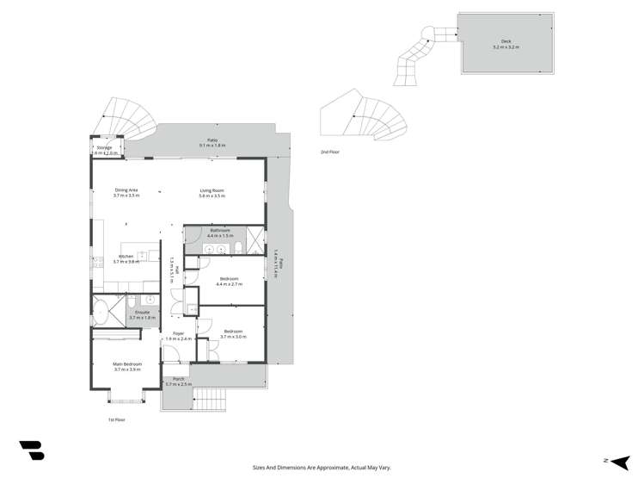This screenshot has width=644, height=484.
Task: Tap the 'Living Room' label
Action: [x=212, y=190]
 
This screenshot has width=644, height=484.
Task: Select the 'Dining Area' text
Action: [x=126, y=190]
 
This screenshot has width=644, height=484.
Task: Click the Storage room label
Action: [x=104, y=147]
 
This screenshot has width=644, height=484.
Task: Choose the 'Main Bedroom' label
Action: [x=126, y=363]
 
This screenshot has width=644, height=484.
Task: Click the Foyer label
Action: [x=178, y=333]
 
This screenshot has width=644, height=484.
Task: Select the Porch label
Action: [x=179, y=379]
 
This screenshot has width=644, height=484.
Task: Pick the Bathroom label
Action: [x=220, y=231]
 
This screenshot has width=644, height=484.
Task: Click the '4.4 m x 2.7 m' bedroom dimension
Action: [x=229, y=283]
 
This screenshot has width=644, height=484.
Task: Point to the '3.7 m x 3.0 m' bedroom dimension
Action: [x=233, y=337]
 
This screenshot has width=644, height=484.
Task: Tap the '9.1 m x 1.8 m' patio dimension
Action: [x=212, y=146]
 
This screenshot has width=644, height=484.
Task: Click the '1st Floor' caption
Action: [x=117, y=419]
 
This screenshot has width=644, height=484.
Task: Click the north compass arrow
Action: [x=619, y=462]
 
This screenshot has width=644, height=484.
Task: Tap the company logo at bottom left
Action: [x=32, y=450]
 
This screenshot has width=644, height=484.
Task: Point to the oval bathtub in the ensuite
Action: [x=107, y=311]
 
